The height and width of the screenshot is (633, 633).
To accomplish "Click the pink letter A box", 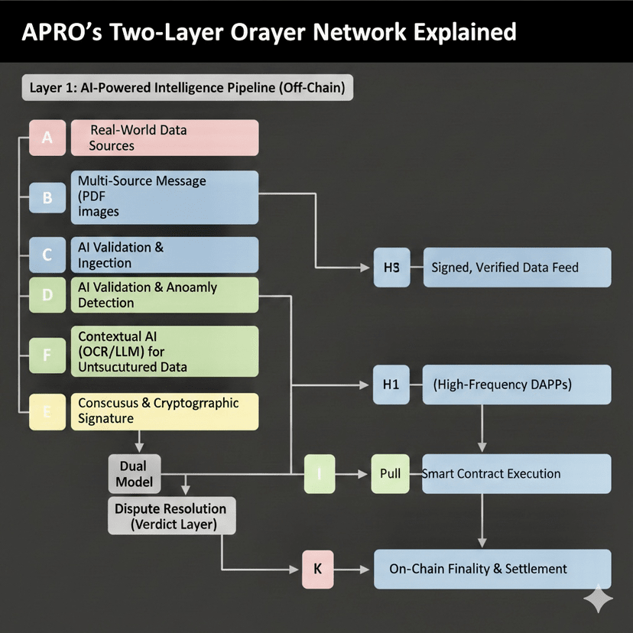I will [47, 138].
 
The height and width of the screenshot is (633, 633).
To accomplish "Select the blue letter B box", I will [47, 197].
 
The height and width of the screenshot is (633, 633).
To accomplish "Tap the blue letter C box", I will [47, 255].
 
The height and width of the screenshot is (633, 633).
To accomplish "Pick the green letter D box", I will [47, 295].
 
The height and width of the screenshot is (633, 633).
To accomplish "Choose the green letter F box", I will [47, 354].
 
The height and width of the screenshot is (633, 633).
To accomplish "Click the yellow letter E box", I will [47, 411].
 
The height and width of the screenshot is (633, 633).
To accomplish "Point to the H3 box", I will [391, 267].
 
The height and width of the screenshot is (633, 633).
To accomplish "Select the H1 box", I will [391, 384].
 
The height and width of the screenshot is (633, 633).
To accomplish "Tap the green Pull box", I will [390, 473].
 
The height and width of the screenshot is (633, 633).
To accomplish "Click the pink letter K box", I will [317, 570].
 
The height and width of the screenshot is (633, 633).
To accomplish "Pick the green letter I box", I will [320, 473].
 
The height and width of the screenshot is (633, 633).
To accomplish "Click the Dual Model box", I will [134, 473].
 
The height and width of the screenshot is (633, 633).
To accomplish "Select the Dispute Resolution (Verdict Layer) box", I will [170, 516].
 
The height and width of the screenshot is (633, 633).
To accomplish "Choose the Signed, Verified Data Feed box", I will [517, 267].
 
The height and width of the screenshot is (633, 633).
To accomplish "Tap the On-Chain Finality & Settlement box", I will [492, 569].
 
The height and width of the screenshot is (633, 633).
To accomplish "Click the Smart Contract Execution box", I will [515, 473].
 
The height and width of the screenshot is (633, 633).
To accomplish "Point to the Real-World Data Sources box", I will [164, 138].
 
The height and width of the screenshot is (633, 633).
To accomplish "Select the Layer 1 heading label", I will [187, 88].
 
